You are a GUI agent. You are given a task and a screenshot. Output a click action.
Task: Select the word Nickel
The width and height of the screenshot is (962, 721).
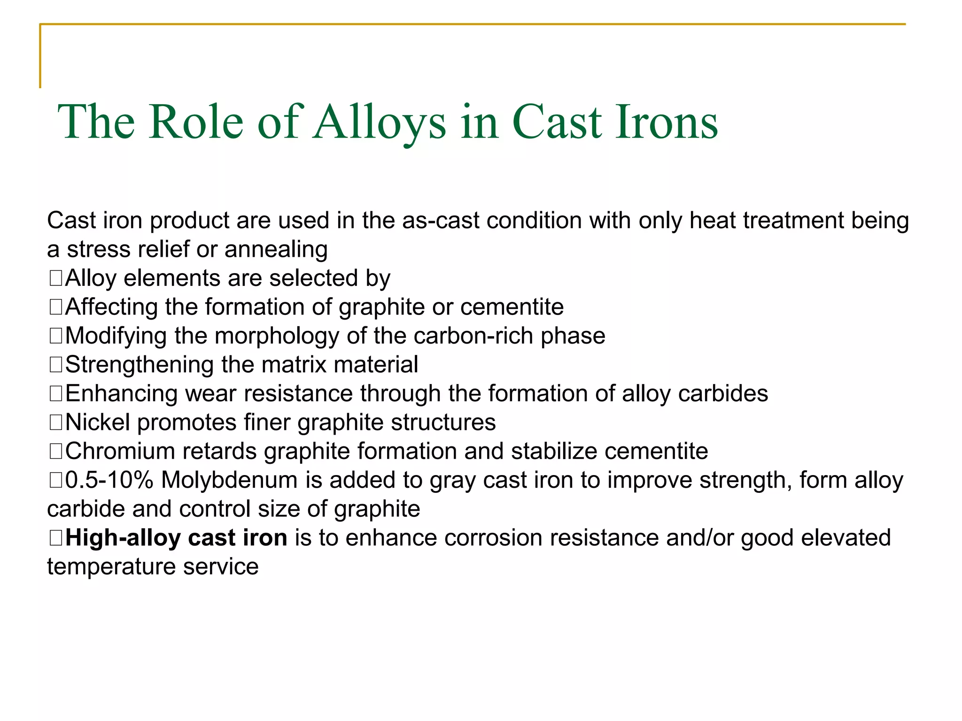coord(97,422)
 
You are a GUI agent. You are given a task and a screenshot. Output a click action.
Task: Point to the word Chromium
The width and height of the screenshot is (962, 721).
coord(119,451)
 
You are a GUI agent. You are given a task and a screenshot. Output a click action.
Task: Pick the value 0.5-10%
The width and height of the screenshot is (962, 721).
coord(109,480)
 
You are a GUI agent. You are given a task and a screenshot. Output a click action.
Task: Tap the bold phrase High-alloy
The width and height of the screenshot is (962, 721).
coord(123,538)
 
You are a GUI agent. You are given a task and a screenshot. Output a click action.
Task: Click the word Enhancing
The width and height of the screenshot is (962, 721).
coord(121,393)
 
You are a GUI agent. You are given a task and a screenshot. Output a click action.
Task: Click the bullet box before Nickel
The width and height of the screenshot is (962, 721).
coord(55,422)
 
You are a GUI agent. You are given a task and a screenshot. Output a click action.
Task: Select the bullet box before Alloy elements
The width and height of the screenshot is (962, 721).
coord(55,278)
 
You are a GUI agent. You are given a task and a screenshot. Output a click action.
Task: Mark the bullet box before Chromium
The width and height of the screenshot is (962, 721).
coord(55,452)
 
